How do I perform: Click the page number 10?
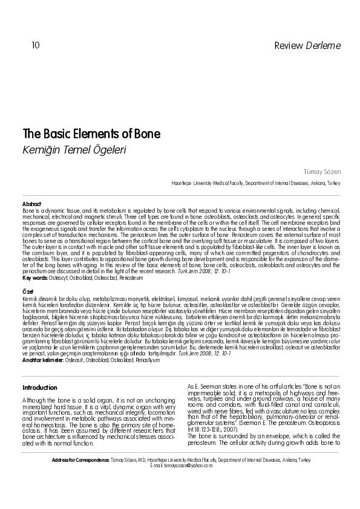point(35,45)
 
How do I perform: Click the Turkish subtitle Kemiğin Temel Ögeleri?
point(74,149)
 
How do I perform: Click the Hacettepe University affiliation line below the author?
point(256,183)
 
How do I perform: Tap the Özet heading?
point(28,291)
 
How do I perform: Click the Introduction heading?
point(39,387)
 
